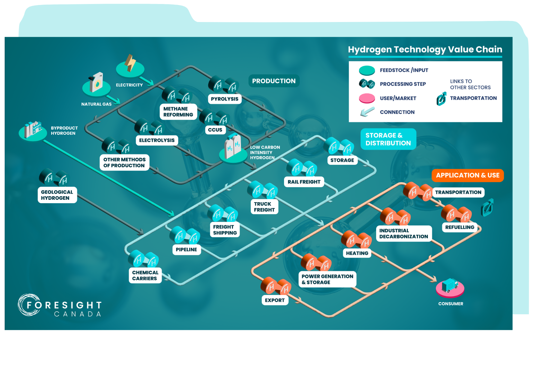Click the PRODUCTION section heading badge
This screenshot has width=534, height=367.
coord(274,81)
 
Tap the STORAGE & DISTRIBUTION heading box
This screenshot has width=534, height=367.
coord(388,139)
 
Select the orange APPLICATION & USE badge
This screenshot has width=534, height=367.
coord(468,175)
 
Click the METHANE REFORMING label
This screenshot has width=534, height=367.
coord(178,112)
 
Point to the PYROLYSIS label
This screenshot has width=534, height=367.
coord(225,99)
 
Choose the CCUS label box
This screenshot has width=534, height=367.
coord(215,130)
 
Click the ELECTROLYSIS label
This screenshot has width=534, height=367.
coord(157,140)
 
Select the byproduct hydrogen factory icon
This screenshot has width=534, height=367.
coord(33,129)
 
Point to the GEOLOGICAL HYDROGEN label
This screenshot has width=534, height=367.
coord(57,195)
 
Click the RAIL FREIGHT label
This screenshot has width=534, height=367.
coord(304,182)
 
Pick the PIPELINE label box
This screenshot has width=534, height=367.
coord(186,250)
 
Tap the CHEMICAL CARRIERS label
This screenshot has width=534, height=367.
coord(145,276)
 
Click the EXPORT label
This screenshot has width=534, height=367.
coord(275,300)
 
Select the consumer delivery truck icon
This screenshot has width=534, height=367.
coord(450,286)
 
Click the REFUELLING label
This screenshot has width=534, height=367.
coord(460,227)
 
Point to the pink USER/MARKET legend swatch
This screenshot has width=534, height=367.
coord(367,98)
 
